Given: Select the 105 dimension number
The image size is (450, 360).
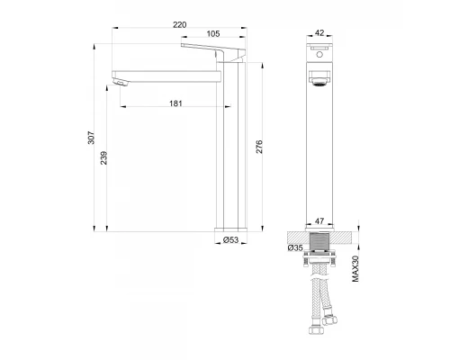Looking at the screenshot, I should click(212, 34).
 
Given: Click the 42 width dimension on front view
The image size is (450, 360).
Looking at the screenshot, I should click(319, 32).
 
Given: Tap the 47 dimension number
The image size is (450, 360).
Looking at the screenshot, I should click(319, 219).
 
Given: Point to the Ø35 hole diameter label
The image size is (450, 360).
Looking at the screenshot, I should click(294, 247).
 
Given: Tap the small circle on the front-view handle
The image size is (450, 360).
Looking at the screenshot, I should click(319, 55).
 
